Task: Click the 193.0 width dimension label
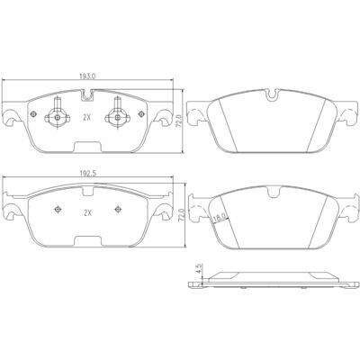click(87, 76)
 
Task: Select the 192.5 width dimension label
click(87, 174)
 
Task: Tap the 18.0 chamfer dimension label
click(220, 218)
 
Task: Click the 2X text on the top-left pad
click(86, 118)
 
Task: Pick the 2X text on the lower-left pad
click(87, 213)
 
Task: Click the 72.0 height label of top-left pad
click(180, 121)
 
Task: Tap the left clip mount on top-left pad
click(58, 114)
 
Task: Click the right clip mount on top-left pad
click(118, 114)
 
